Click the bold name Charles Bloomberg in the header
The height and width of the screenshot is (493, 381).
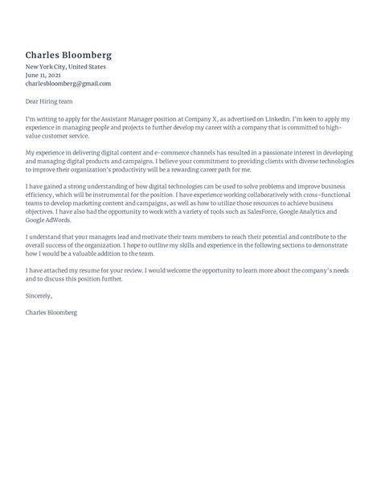[68, 55]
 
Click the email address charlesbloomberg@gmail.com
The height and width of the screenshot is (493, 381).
[68, 84]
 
